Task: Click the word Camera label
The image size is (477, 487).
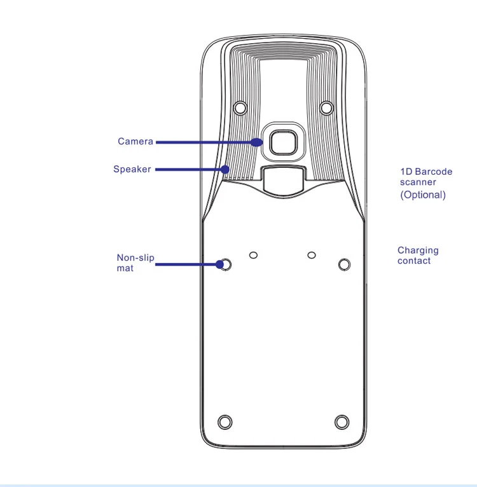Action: coord(135,141)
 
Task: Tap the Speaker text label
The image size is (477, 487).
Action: coord(132,169)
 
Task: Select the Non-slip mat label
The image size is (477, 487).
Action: coord(135,263)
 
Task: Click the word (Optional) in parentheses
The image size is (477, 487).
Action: coord(422,195)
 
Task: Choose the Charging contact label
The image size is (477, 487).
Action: coord(418,256)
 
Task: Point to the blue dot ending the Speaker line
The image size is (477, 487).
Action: coord(226,169)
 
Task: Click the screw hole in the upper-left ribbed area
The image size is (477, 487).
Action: coord(240,108)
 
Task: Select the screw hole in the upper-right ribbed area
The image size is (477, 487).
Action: coord(326,108)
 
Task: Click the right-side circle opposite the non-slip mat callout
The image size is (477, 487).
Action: coord(344,263)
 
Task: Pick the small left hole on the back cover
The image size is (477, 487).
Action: coord(254,255)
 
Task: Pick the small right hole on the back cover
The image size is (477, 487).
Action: coord(311,255)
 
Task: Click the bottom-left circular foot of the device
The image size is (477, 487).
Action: coord(225,422)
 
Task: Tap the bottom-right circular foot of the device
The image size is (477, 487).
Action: coord(342,422)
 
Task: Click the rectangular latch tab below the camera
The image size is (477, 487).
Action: coord(282,179)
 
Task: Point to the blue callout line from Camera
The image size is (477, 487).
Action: coord(204,142)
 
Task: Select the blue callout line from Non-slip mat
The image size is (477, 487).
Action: coord(188,263)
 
